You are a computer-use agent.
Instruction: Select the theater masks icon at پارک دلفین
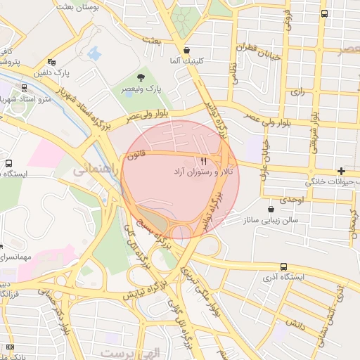pyautogui.click(x=51, y=62)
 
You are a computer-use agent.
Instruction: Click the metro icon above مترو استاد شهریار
pyautogui.click(x=25, y=89)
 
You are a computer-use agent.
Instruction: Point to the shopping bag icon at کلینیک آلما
pyautogui.click(x=186, y=50)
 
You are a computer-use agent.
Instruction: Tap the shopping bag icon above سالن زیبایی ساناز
pyautogui.click(x=271, y=209)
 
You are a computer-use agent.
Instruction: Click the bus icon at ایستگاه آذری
pyautogui.click(x=283, y=266)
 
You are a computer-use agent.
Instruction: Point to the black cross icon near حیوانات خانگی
pyautogui.click(x=341, y=171)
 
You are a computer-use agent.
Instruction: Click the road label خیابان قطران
pyautogui.click(x=263, y=52)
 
